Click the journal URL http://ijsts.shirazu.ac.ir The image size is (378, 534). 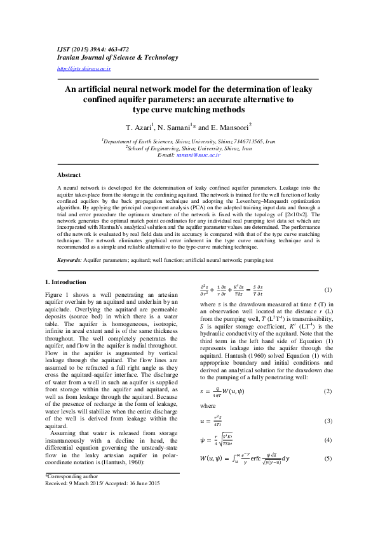(84, 68)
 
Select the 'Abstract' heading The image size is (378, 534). (69, 174)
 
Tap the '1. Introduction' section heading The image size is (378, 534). (67, 281)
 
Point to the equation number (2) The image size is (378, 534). (328, 391)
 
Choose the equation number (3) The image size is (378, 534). (328, 421)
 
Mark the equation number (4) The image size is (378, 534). (328, 440)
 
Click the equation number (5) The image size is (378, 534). (328, 459)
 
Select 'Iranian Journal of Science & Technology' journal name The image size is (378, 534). (117, 57)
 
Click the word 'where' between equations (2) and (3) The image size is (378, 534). (207, 406)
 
